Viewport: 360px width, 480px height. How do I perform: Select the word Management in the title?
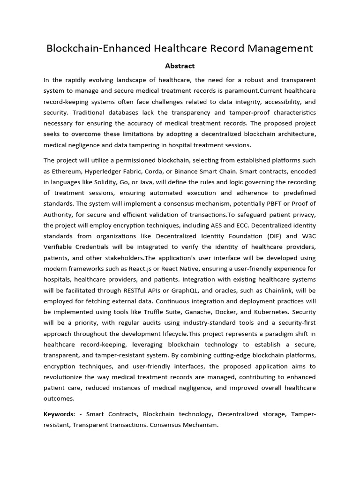coord(282,48)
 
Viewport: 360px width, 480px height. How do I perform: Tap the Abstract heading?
coord(180,66)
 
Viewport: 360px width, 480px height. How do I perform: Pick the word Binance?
coord(194,171)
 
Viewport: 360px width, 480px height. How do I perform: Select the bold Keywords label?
coord(59,414)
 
